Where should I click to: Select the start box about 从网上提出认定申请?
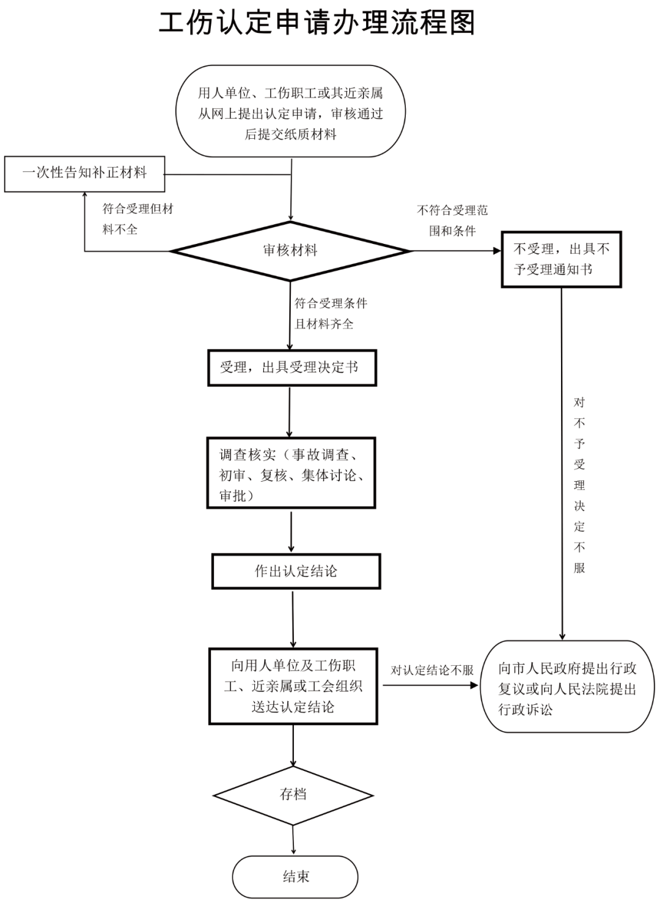point(290,111)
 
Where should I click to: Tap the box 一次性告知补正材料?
point(84,174)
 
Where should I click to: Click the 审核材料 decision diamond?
point(290,251)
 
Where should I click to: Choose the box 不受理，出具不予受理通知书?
point(562,259)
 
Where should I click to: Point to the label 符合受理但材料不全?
point(137,219)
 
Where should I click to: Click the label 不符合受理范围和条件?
point(452,221)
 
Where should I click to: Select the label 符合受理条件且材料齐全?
point(331,314)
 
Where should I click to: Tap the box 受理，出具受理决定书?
point(292,367)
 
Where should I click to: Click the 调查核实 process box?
point(291,473)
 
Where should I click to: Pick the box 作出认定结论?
point(296,571)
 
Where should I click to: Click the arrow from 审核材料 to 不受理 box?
point(456,251)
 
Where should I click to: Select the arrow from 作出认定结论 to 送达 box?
point(293,619)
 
